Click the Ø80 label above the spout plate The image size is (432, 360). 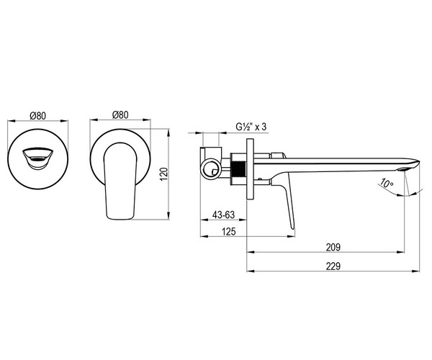tap(37, 116)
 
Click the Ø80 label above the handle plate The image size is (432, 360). tap(120, 115)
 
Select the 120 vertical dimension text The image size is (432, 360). tap(163, 174)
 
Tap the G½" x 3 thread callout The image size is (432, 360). tap(251, 127)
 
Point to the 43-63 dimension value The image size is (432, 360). tap(223, 215)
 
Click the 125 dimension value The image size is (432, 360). tap(229, 231)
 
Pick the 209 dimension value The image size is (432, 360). tap(333, 247)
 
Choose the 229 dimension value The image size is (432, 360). tap(333, 266)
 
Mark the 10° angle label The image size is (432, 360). tap(386, 183)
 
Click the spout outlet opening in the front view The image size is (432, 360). tap(37, 159)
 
